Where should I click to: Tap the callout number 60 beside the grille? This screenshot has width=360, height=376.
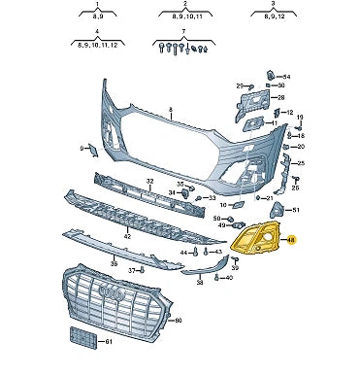[176, 321]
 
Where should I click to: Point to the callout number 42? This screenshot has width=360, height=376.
[126, 236]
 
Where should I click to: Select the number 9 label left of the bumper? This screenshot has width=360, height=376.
[82, 148]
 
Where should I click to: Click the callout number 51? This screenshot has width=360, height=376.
[296, 210]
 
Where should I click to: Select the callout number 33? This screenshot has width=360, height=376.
[212, 198]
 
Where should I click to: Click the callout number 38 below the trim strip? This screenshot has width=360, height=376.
[199, 283]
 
